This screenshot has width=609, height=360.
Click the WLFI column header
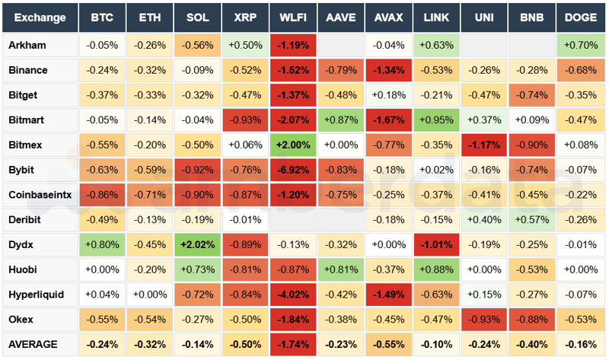293,17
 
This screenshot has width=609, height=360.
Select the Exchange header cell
40,17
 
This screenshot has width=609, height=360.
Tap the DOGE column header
581,17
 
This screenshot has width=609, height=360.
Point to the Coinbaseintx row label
40,195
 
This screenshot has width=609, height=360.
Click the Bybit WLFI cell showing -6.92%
293,170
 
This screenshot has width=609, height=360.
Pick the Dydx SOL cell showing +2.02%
198,244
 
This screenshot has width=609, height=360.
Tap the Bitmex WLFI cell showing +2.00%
293,145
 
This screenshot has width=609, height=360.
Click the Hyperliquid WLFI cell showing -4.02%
293,295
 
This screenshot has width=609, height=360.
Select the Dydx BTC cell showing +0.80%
102,244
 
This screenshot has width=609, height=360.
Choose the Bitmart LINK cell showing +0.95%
436,119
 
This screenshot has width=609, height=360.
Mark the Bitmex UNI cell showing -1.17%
484,145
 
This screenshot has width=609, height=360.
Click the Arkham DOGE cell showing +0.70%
581,45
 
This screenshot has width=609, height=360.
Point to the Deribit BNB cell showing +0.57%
532,220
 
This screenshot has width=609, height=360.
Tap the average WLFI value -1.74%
293,344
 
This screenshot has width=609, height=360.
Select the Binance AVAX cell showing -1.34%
389,70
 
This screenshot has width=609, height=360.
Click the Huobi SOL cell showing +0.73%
198,269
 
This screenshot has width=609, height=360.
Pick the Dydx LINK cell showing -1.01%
436,244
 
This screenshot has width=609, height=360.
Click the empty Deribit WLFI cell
293,220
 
